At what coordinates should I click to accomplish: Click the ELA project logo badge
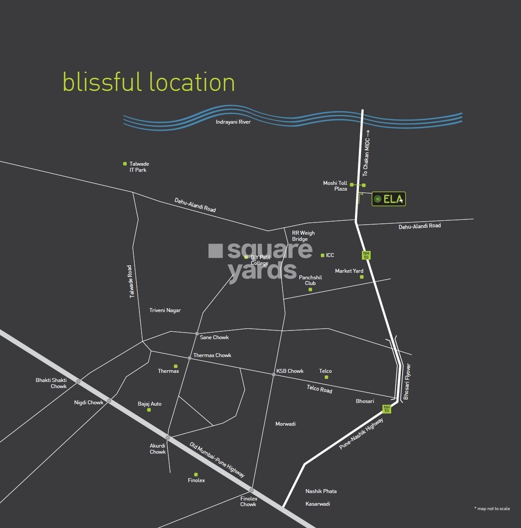tap(389, 199)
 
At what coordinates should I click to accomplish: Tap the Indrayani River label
tap(233, 122)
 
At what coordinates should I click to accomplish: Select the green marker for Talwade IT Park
tap(125, 164)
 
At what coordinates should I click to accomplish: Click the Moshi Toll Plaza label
tap(335, 186)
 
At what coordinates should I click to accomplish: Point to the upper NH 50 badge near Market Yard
tap(366, 255)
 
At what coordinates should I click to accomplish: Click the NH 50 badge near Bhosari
tap(386, 409)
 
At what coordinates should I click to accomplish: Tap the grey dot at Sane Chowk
tap(197, 333)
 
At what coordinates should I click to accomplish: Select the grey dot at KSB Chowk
tap(274, 375)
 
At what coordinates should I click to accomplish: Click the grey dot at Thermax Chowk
tap(190, 358)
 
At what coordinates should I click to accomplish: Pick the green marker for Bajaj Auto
tap(149, 410)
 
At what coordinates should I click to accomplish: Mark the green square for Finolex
tap(196, 474)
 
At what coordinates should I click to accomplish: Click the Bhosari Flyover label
tap(407, 382)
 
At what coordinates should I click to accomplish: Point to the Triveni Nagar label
tap(165, 310)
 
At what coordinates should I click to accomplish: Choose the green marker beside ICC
tap(323, 255)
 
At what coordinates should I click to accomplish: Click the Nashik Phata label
tap(321, 491)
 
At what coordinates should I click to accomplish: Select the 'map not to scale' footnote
tap(492, 508)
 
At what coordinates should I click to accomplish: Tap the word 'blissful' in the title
tap(102, 82)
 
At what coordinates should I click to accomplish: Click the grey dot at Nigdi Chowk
tap(109, 401)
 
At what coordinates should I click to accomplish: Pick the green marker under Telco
tap(326, 377)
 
